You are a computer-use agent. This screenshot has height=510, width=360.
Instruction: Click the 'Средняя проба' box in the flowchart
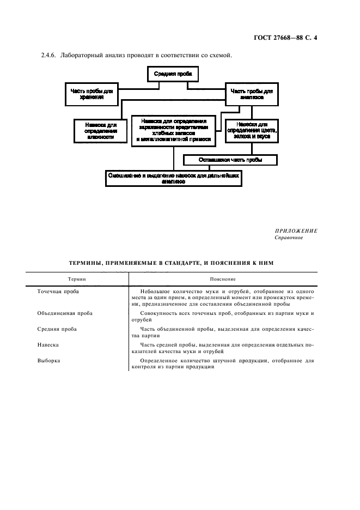pos(172,74)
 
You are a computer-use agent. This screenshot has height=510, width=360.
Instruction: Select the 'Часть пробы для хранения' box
pos(91,94)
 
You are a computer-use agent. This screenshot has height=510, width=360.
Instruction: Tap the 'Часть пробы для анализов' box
pos(252,94)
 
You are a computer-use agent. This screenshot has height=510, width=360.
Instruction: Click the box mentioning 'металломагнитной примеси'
pos(173,130)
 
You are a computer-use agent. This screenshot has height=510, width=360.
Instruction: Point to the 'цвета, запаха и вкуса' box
pos(251,130)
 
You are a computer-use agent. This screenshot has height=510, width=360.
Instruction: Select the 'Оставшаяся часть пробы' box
pos(230,160)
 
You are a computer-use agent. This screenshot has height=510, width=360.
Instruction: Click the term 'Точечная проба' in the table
pos(58,292)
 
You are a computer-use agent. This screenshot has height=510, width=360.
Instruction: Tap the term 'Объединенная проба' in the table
pos(65,313)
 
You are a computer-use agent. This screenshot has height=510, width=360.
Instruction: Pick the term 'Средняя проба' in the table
pos(57,329)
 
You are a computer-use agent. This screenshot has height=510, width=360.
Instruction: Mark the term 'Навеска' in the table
pos(48,345)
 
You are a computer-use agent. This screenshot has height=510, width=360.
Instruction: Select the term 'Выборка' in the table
pos(48,361)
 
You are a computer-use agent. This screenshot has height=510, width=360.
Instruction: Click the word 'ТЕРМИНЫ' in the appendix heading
pos(88,263)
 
